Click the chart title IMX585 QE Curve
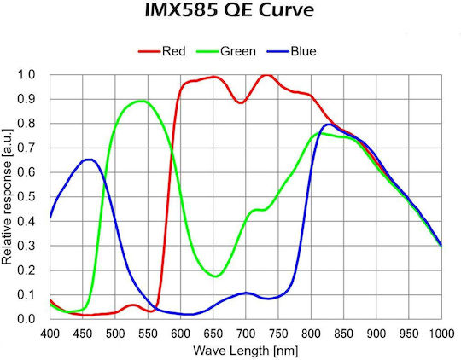coord(230,10)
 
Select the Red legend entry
coord(161,51)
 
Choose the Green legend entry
coord(225,51)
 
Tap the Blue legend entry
coord(291,51)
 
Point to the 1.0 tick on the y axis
coord(26,75)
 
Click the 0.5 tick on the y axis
coord(26,196)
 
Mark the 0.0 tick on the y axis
coord(26,319)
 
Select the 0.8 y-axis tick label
coord(26,124)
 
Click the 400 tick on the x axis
coord(50,334)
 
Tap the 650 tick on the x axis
coord(213,334)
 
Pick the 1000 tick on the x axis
coord(441,334)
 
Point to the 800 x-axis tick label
coord(311,334)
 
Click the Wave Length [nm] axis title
coord(246,351)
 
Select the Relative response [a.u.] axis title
coord(7,196)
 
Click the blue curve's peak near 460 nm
coord(89,160)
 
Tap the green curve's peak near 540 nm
coord(141,102)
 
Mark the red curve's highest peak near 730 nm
coord(266,75)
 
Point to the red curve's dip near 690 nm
coord(241,102)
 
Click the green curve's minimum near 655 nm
coord(215,276)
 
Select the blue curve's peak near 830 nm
coord(329,125)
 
